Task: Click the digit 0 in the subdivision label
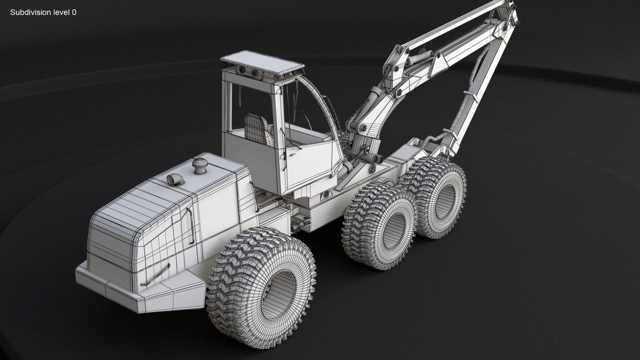pyautogui.click(x=74, y=13)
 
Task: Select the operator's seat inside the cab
pyautogui.click(x=256, y=127)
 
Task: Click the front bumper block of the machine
pyautogui.click(x=140, y=293)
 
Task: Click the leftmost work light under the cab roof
pyautogui.click(x=241, y=70)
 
